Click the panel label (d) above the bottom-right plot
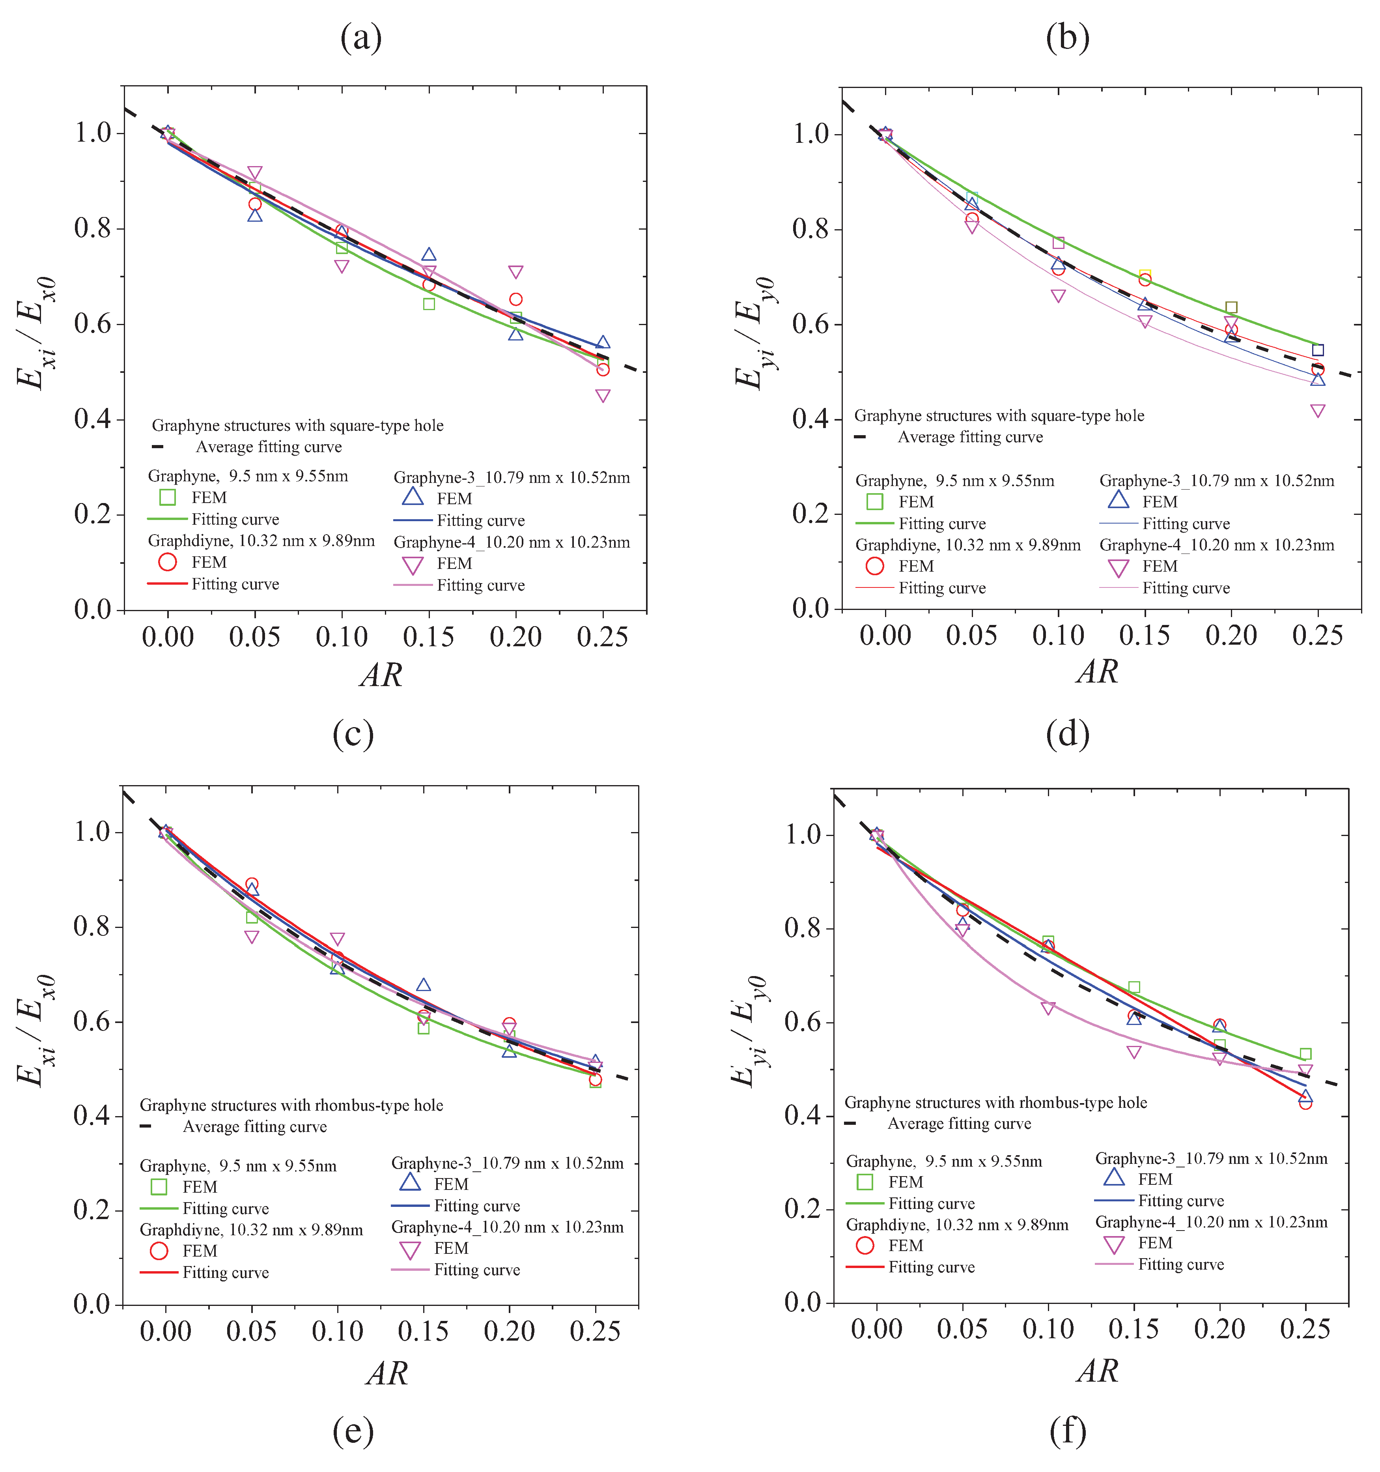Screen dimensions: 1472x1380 click(x=1068, y=734)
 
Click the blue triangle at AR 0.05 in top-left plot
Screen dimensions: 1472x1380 click(x=255, y=215)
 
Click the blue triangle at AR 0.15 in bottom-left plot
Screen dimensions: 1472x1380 click(x=424, y=985)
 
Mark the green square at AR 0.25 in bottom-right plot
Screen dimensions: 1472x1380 click(x=1305, y=1054)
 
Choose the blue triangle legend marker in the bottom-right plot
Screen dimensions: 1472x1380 click(x=1114, y=1177)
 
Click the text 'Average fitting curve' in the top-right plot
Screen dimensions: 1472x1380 click(x=970, y=437)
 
